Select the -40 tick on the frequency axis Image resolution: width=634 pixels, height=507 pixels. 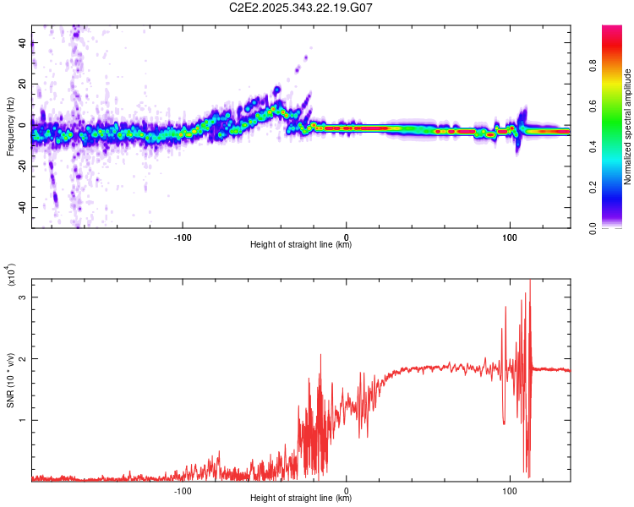click(x=22, y=208)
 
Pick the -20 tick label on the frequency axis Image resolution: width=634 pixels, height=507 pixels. click(x=22, y=166)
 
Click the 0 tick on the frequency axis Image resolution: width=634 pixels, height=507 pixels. click(x=22, y=125)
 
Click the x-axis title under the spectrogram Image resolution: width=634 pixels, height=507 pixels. click(x=301, y=245)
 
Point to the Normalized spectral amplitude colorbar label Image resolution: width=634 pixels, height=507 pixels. click(x=627, y=127)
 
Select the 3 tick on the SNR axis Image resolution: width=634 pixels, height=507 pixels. click(x=22, y=297)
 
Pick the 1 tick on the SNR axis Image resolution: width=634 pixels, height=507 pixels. click(x=22, y=420)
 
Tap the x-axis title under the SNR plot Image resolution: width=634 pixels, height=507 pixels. click(x=301, y=499)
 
